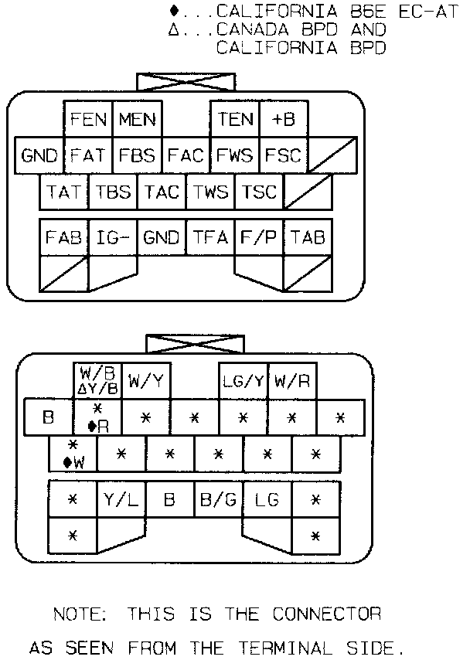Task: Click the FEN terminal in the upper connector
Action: [88, 120]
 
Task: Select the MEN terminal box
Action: [137, 120]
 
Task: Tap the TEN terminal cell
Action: [235, 119]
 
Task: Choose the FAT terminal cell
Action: [87, 155]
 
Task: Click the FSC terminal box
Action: [283, 155]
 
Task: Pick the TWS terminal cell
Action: [210, 192]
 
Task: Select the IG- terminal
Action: [113, 237]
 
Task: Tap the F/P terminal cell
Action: [259, 237]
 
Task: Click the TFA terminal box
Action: [210, 237]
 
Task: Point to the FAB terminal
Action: [63, 237]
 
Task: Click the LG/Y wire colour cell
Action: [244, 380]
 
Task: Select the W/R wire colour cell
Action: [292, 380]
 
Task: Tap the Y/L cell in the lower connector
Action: [121, 499]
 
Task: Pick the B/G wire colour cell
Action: [219, 499]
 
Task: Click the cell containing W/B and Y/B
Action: [98, 380]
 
